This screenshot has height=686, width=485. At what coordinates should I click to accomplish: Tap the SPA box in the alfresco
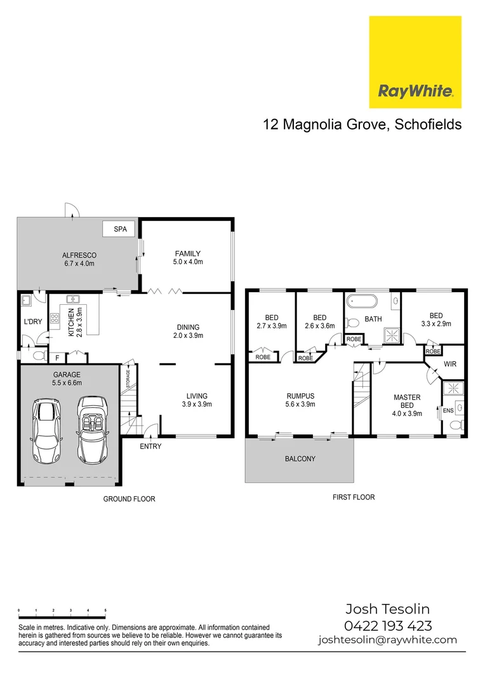pos(120,229)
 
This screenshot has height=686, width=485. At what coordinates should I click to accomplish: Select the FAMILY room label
pos(187,253)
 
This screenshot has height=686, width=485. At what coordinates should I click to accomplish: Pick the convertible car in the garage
pos(93,431)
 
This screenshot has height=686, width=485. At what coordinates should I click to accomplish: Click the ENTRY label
pos(150,447)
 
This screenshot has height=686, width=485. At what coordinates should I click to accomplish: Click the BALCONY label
pos(300,459)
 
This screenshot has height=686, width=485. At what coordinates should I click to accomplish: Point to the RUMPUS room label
pos(300,396)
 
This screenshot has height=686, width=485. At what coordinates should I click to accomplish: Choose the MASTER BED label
pos(407,401)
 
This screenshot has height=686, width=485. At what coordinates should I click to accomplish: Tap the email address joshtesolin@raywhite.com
pos(387,640)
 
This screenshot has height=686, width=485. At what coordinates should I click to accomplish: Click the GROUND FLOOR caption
pos(129,499)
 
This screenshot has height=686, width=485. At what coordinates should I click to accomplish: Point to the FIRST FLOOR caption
pos(354,497)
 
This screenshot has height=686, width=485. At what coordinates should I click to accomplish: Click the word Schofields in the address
pos(428,124)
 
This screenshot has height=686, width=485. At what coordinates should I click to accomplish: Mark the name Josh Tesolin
pos(387,609)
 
